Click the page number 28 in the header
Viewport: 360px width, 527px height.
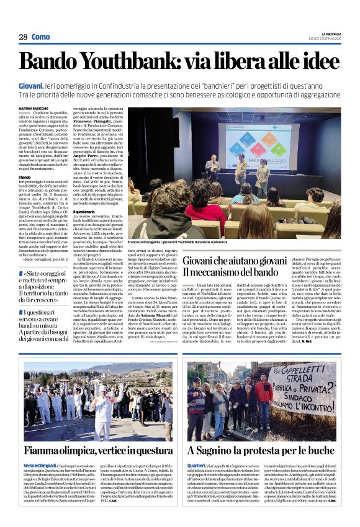tap(23, 37)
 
